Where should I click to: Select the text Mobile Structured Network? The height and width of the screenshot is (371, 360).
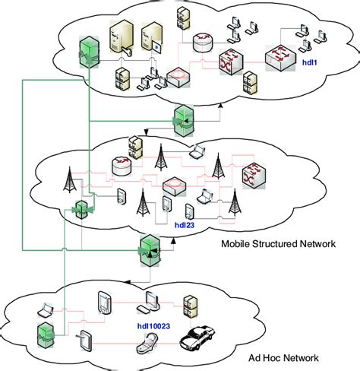pos(278,244)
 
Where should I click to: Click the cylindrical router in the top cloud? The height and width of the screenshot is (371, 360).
pos(203,44)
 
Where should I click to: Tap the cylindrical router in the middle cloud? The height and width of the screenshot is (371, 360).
pos(122,166)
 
